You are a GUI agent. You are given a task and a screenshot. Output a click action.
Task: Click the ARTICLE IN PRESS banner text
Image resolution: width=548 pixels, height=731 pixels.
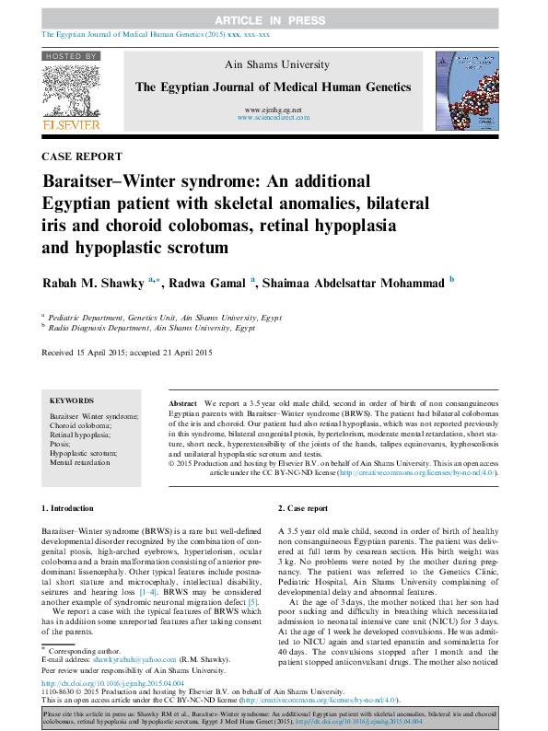pos(274,19)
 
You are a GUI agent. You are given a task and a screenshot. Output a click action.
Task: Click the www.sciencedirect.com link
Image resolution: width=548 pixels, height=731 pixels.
pos(273,118)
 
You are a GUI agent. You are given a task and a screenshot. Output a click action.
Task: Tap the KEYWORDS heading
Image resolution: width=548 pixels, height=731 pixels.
pos(71,401)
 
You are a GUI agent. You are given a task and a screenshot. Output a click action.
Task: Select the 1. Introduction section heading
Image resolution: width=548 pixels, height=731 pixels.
pos(69,508)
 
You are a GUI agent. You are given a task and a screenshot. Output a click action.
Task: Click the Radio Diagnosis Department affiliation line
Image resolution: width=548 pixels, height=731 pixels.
pos(151,327)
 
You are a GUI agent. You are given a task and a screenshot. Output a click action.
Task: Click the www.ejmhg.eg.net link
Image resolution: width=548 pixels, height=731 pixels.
pos(273,110)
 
